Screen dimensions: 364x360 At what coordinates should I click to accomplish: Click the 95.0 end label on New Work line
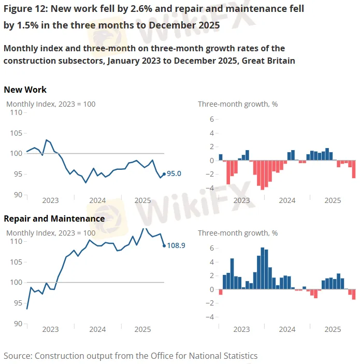coord(174,174)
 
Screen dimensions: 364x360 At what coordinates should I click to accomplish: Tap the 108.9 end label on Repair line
coord(176,245)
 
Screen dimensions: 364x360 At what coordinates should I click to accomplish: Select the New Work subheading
coord(25,90)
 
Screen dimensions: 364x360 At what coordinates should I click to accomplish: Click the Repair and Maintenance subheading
coord(54,219)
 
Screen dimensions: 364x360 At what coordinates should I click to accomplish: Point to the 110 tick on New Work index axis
coord(16,112)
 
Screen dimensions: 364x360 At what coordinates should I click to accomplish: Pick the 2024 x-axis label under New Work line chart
coord(97,200)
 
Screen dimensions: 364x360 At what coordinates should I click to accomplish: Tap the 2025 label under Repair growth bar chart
coord(332,329)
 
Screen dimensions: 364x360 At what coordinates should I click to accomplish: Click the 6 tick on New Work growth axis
coord(211,119)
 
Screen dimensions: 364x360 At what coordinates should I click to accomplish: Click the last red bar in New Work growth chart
coord(354,169)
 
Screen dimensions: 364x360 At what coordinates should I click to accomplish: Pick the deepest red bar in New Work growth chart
coord(263,175)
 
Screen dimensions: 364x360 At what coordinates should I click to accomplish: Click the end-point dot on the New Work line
coord(164,174)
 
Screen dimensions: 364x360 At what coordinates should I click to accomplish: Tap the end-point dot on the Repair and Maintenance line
coord(164,246)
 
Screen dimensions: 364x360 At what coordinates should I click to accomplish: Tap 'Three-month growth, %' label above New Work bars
coord(238,104)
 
